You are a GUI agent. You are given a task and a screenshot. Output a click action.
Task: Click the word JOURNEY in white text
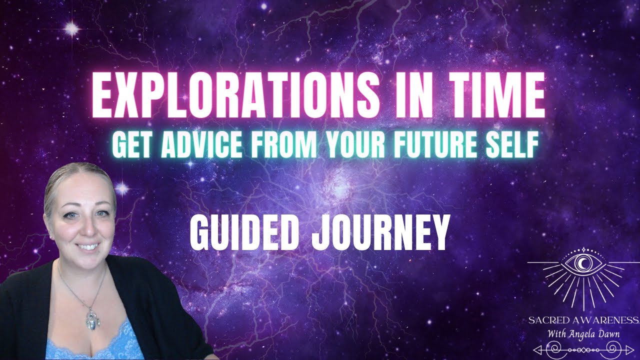pos(379,232)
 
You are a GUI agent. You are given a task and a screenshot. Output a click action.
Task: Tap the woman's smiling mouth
pos(89,247)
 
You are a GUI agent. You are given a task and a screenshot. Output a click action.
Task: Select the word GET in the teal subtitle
pos(129,145)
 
